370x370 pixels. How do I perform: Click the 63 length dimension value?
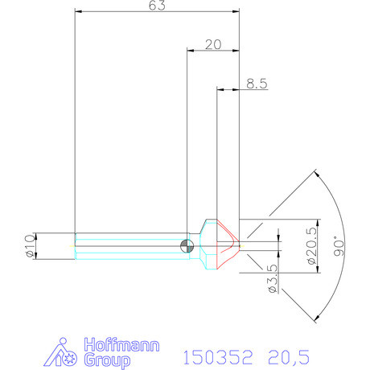[x=158, y=6]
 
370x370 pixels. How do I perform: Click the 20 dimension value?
[x=212, y=45]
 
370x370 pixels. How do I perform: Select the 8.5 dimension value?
[x=257, y=83]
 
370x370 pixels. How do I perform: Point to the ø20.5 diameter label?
[x=311, y=245]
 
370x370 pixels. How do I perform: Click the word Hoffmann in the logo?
[x=121, y=343]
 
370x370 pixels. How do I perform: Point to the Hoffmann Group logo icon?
[x=65, y=354]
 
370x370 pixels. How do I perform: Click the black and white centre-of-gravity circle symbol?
[x=188, y=245]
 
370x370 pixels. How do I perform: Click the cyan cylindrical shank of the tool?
[x=129, y=245]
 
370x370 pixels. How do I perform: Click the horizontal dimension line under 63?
[x=157, y=13]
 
